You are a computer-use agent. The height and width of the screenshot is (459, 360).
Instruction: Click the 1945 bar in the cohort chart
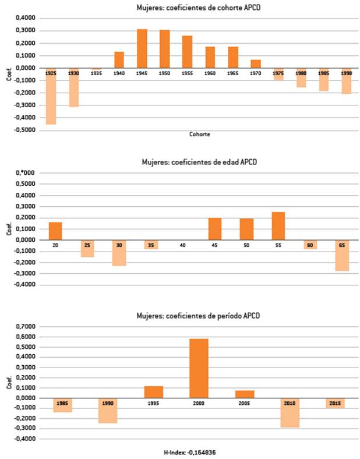[142, 48]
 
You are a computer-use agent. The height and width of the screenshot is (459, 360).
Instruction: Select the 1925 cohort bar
[51, 96]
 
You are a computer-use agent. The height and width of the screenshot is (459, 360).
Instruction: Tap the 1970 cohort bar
[256, 63]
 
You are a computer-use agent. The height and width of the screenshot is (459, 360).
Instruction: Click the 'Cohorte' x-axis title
[200, 134]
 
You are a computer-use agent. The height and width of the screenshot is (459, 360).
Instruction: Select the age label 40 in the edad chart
[183, 245]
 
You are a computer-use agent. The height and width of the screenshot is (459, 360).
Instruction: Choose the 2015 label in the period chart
[334, 403]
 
